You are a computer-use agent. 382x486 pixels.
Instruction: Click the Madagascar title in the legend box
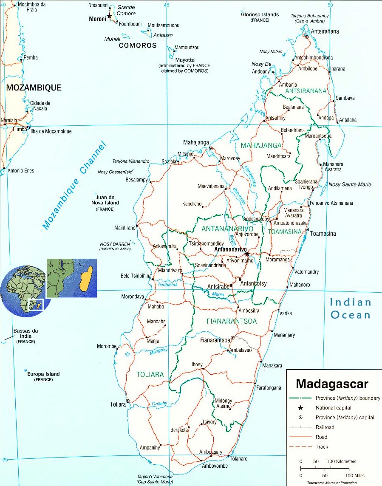click(x=332, y=384)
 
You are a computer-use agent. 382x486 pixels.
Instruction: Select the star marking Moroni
click(x=109, y=16)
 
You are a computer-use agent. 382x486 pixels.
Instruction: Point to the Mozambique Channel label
click(x=74, y=185)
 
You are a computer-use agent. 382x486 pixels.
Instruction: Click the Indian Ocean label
click(x=351, y=308)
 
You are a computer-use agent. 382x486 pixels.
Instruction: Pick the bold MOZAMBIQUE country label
click(x=34, y=88)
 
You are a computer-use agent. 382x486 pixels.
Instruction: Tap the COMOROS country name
click(x=138, y=45)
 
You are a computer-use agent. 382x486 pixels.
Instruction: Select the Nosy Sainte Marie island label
click(x=350, y=184)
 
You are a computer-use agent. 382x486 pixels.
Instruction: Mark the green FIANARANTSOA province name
click(x=232, y=321)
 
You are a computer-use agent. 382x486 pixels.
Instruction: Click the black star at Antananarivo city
click(x=247, y=254)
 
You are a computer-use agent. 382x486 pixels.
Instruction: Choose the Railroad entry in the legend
click(x=325, y=427)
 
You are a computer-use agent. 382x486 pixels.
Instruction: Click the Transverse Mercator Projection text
click(x=332, y=483)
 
